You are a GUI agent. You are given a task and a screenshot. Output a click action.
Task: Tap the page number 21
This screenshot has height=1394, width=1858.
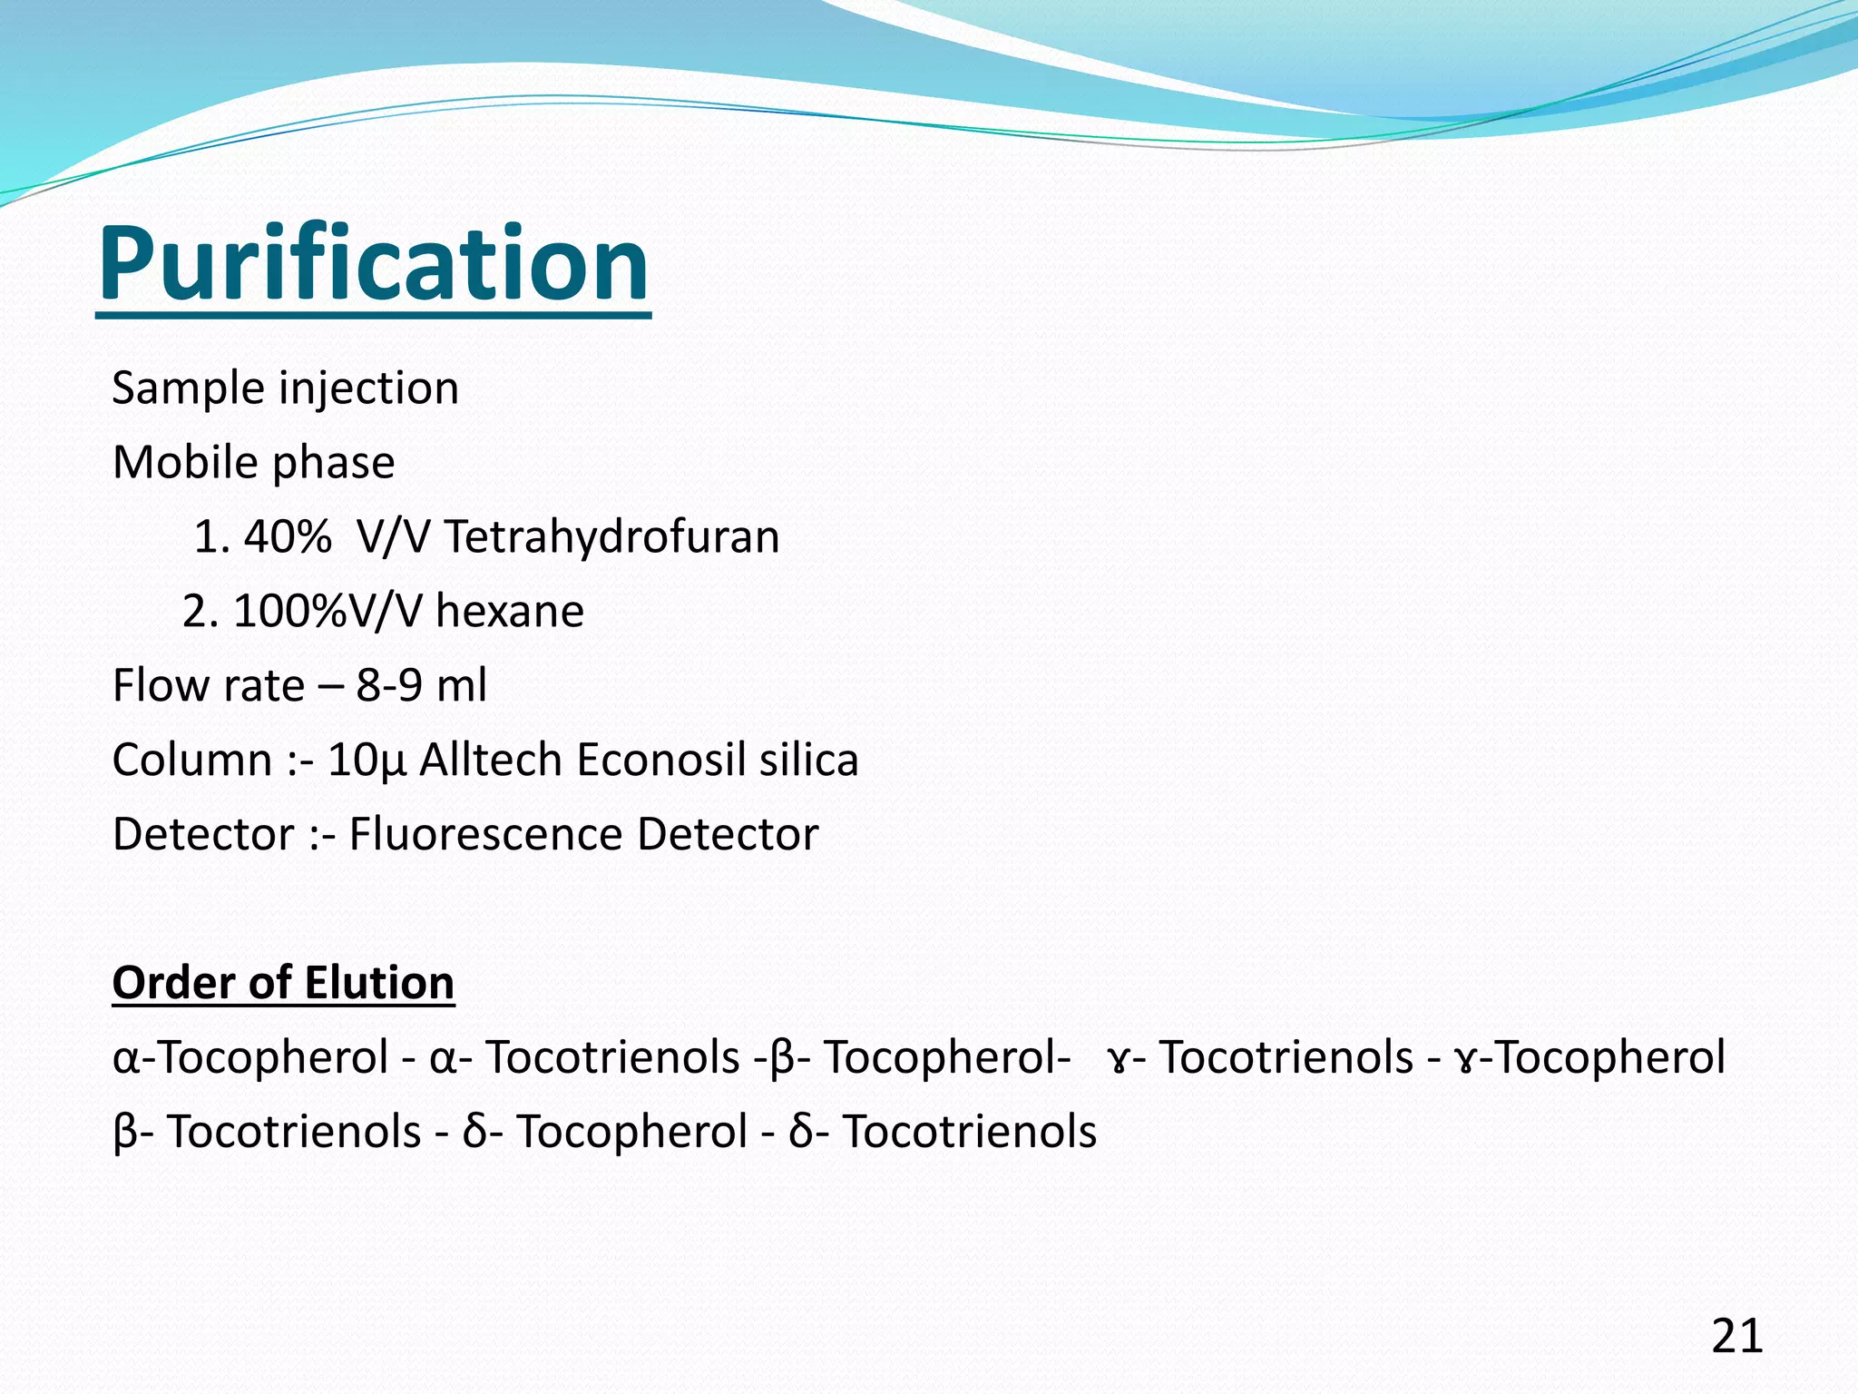tap(1736, 1336)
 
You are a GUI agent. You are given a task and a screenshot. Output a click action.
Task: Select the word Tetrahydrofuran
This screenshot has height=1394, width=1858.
tap(611, 536)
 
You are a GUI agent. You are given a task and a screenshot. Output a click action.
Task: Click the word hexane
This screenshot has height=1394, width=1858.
tap(509, 611)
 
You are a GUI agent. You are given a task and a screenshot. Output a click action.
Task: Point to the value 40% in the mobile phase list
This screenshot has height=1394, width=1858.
tap(287, 536)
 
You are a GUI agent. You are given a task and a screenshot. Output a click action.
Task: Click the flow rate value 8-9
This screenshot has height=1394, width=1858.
tap(388, 685)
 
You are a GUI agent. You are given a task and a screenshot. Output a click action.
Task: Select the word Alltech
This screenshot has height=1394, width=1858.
tap(491, 760)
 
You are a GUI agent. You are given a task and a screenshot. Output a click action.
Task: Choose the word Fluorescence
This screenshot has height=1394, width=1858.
tap(485, 834)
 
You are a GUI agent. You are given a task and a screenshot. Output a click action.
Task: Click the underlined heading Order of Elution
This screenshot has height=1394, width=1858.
tap(283, 983)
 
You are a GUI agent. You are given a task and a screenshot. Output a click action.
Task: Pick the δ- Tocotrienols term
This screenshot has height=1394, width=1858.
tap(943, 1132)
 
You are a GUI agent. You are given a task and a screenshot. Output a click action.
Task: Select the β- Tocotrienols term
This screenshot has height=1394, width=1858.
tap(268, 1132)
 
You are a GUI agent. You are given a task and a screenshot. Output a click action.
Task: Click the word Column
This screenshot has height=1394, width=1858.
tap(191, 760)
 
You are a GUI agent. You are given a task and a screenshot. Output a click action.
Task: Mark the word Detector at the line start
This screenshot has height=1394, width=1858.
tap(203, 834)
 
